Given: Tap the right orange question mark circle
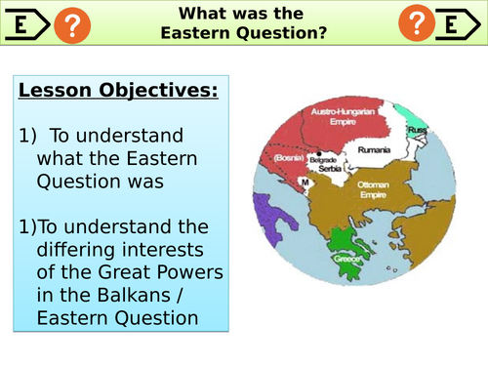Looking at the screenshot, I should pyautogui.click(x=418, y=24).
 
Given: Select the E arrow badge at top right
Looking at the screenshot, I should pyautogui.click(x=464, y=24).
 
